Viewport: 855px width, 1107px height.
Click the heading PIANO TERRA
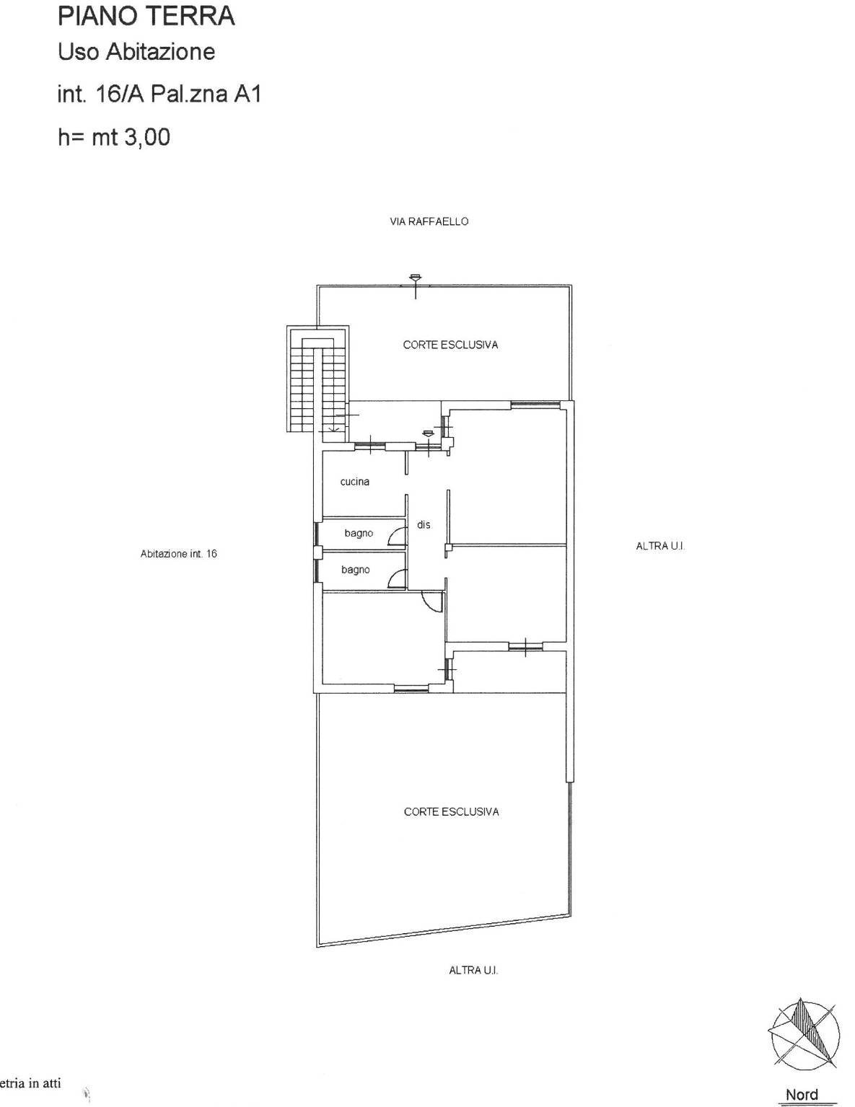pos(146,16)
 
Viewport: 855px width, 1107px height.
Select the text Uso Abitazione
pos(136,52)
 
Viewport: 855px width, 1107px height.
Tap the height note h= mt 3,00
pos(114,136)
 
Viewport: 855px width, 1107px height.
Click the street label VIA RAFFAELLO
pos(429,221)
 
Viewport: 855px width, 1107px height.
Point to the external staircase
pos(317,379)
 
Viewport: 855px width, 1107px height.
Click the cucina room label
pos(355,482)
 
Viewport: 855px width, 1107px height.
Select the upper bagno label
pos(359,533)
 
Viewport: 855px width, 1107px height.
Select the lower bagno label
pos(356,570)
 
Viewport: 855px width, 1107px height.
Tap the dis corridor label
pos(424,525)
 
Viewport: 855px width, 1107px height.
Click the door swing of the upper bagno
pos(397,536)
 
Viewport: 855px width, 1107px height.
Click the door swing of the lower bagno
pos(397,579)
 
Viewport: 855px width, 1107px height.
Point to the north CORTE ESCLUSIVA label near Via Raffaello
pos(450,345)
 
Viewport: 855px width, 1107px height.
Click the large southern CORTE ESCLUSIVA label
pos(451,811)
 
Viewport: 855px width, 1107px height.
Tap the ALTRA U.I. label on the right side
pos(659,546)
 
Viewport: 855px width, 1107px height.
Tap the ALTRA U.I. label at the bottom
pos(473,971)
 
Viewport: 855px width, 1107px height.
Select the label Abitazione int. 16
pos(178,554)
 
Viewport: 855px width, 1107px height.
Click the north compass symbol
pos(804,1035)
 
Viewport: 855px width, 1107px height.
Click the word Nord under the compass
pos(802,1094)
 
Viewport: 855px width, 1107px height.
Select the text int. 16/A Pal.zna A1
pos(159,94)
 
